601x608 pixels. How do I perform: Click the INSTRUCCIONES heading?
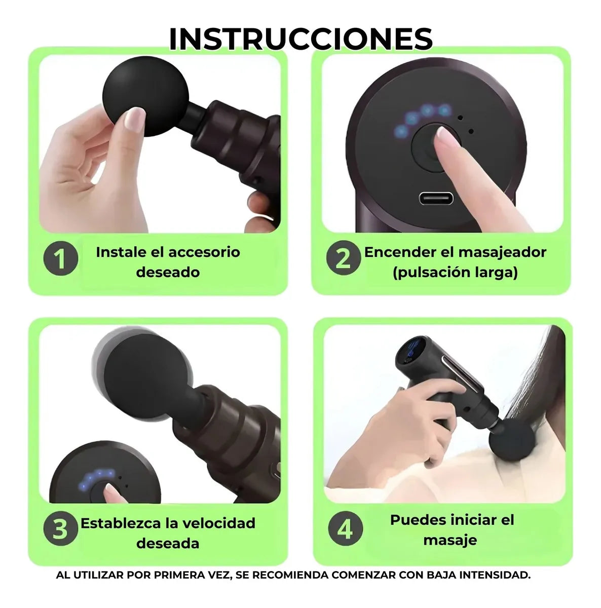coord(300,39)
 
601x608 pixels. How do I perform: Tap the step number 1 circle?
coord(61,258)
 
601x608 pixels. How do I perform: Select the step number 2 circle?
coord(344,258)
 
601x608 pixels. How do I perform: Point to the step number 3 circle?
coord(61,529)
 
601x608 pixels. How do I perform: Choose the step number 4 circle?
coord(345,529)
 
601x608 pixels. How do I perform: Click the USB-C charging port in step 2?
coord(436,199)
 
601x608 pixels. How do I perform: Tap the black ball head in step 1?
coord(146,96)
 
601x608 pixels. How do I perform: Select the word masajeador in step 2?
coord(502,253)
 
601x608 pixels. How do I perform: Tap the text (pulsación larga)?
coord(456,273)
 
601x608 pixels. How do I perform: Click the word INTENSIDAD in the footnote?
coord(494,575)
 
